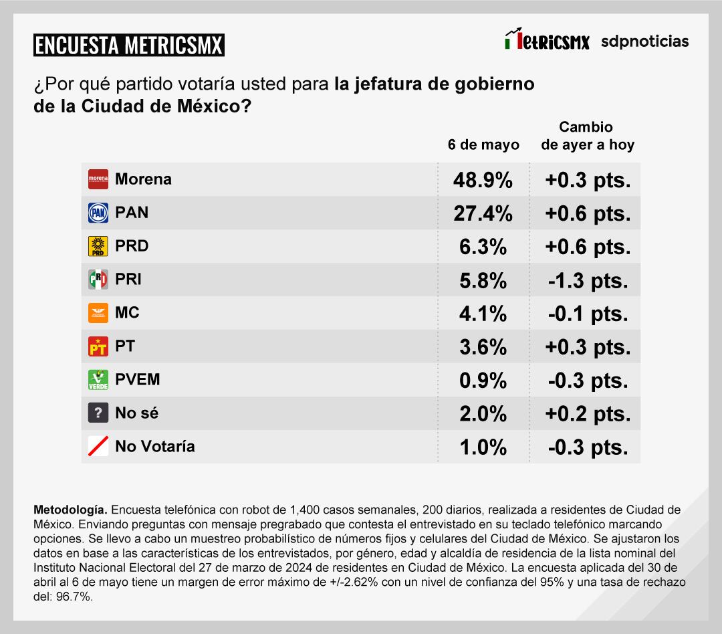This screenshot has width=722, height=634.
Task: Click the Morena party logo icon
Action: (98, 179)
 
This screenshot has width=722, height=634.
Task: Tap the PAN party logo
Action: (98, 213)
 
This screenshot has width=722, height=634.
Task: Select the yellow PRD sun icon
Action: (98, 246)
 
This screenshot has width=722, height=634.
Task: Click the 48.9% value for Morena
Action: (483, 180)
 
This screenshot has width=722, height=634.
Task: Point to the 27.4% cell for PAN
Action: (483, 213)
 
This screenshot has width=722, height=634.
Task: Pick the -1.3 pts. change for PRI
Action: (588, 280)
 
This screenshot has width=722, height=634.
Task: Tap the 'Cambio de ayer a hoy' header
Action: (587, 136)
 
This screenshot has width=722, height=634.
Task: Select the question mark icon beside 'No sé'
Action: (98, 413)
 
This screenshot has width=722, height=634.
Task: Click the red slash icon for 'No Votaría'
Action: (98, 447)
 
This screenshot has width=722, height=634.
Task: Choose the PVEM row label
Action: (138, 380)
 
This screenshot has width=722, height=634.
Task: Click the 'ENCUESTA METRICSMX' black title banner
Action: (128, 45)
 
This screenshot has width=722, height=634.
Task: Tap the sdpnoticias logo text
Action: (644, 41)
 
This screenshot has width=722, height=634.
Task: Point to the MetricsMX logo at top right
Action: (548, 41)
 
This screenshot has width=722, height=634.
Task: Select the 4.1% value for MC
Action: (483, 314)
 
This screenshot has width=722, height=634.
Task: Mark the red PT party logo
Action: (98, 346)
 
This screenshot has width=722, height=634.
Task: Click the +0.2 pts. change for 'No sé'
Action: (588, 414)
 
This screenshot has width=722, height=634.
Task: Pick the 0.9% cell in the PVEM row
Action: (483, 381)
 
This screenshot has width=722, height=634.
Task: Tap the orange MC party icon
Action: (98, 313)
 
